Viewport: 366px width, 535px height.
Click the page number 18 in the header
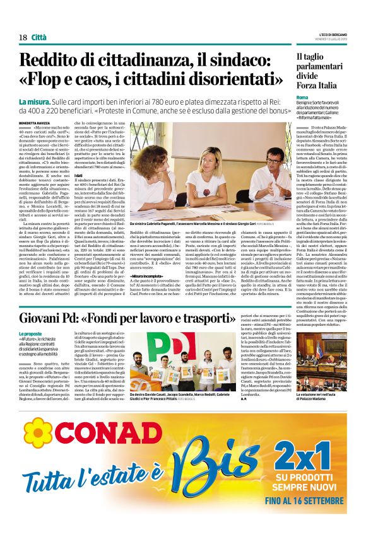point(23,37)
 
